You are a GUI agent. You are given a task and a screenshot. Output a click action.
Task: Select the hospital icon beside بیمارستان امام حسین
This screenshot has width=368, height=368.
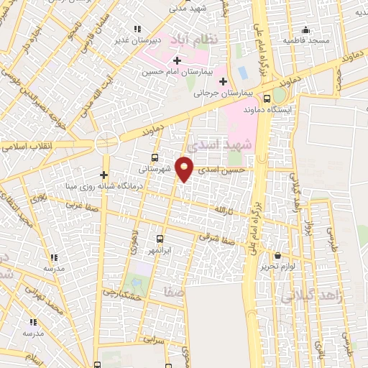click(177, 60)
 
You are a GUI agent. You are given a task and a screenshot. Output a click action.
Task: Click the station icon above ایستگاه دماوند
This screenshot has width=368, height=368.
click(267, 98)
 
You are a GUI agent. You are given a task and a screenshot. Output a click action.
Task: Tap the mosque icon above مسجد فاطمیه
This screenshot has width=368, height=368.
click(305, 29)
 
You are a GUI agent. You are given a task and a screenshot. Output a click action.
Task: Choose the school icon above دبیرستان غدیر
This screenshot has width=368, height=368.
click(137, 29)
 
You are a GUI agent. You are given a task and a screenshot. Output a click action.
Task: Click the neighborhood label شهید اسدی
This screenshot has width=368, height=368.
click(248, 144)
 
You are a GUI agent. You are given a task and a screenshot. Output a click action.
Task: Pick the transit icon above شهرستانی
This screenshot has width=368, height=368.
click(155, 157)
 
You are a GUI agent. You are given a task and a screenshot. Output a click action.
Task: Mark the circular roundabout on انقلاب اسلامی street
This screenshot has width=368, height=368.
click(106, 142)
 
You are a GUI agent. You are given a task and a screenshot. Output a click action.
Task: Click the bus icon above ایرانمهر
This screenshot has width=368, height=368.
click(160, 239)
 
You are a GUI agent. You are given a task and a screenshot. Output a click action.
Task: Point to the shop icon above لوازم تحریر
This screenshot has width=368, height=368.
click(277, 255)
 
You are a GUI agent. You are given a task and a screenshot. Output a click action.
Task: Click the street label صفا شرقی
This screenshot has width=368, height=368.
click(218, 236)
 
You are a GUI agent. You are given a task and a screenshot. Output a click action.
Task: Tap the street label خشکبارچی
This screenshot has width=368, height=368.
click(119, 292)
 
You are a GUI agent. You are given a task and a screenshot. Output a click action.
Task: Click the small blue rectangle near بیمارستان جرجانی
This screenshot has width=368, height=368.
click(242, 72)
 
